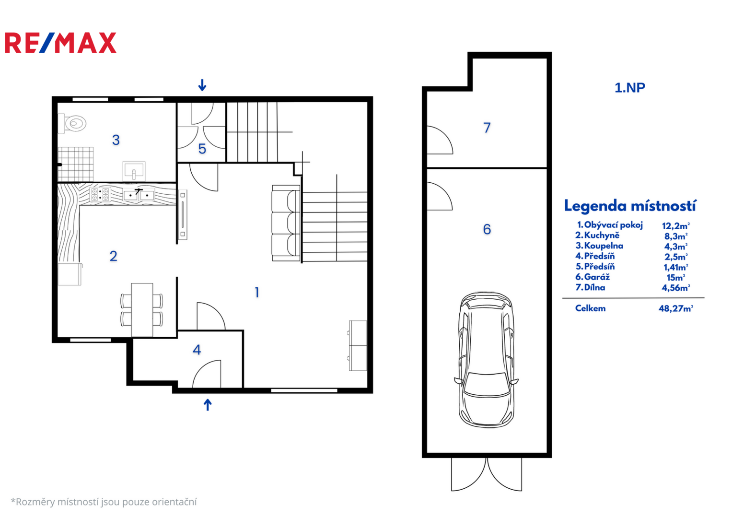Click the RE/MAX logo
click(60, 43)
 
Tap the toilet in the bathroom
click(72, 123)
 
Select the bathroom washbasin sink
click(134, 171)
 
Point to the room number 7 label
click(487, 128)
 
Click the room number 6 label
click(487, 229)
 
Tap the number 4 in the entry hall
click(197, 350)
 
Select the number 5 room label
click(202, 149)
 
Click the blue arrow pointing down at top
click(202, 85)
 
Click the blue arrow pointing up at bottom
click(208, 405)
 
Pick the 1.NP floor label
click(630, 88)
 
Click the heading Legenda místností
click(630, 206)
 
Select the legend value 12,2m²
click(676, 225)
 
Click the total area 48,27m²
click(676, 308)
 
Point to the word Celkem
click(590, 308)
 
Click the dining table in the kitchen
click(142, 310)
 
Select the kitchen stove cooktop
click(100, 194)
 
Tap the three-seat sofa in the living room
click(286, 224)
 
